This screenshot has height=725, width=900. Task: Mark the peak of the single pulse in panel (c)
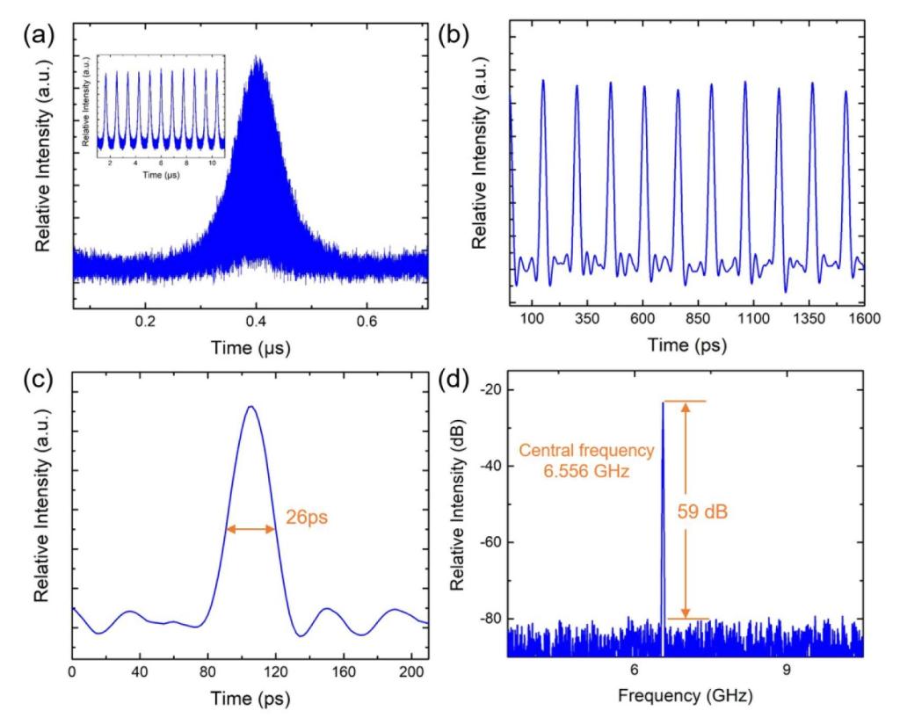pyautogui.click(x=250, y=406)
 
